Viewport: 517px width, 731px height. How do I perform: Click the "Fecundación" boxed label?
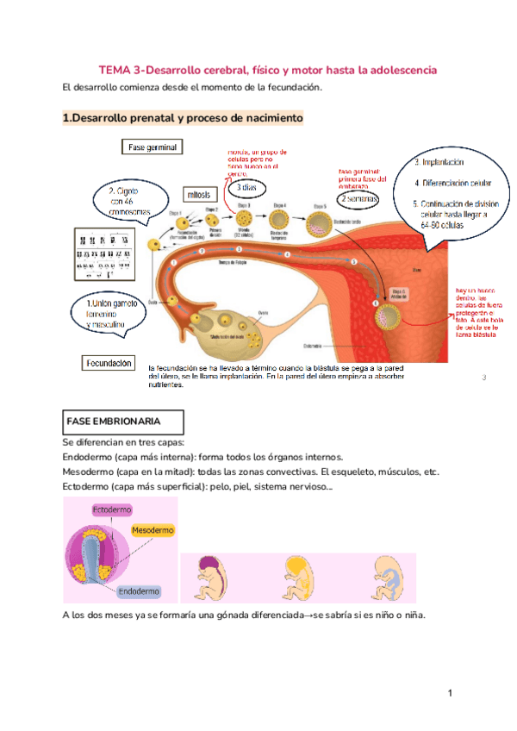click(x=109, y=364)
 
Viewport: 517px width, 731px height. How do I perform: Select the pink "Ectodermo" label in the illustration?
click(x=112, y=510)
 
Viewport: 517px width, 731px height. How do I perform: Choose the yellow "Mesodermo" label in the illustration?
click(x=152, y=529)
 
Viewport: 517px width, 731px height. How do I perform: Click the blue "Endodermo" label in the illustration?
click(x=138, y=591)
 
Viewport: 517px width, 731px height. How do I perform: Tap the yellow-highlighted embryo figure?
click(x=298, y=575)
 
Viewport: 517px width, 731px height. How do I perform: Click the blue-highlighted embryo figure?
click(x=389, y=574)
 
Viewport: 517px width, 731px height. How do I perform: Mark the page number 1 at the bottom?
click(x=450, y=693)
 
